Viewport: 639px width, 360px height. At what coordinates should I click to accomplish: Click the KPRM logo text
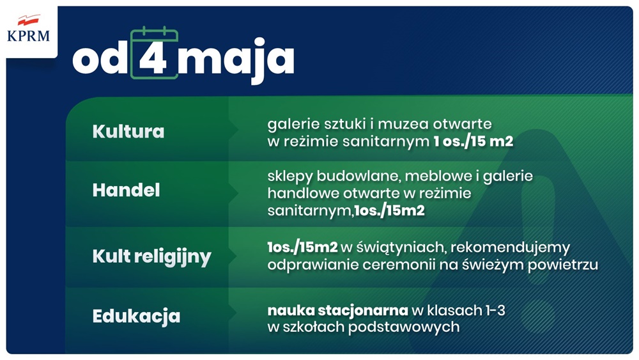point(28,36)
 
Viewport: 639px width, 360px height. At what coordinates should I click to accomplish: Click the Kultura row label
point(128,132)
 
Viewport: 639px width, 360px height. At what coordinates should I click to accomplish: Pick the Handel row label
point(126,191)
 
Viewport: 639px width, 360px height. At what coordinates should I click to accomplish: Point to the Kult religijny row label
point(151,257)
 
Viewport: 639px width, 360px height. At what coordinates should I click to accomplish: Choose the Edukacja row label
point(136,316)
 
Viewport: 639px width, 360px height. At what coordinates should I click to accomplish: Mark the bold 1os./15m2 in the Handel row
point(389,210)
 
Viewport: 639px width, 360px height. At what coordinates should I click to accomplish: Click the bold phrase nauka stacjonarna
point(337,310)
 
